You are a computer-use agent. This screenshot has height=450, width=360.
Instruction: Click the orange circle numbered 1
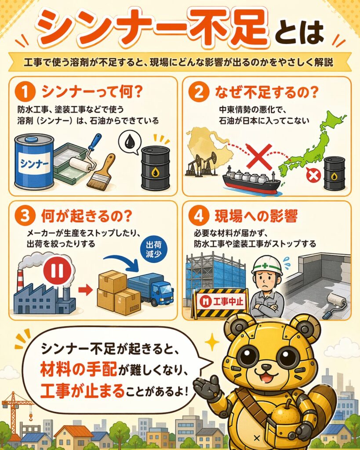point(25,92)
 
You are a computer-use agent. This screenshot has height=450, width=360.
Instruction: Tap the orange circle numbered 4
point(199,216)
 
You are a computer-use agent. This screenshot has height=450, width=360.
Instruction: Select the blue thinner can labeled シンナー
point(34,162)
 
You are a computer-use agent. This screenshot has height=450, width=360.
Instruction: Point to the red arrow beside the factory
point(85,290)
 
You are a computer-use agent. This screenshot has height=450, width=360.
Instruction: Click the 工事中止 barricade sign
point(221,301)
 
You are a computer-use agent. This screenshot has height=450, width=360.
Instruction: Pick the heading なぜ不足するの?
point(267,92)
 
